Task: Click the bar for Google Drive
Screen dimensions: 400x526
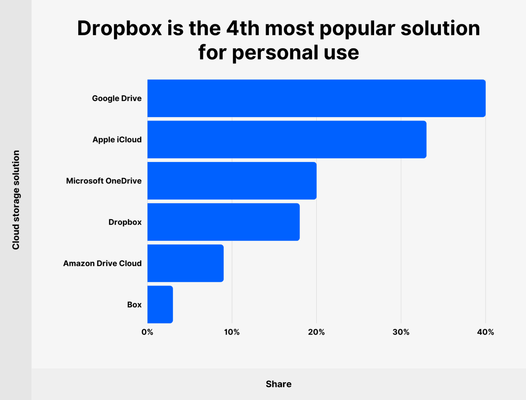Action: pos(316,98)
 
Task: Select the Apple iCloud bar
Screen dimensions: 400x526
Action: pos(287,140)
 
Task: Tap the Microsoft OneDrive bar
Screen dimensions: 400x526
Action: pos(232,181)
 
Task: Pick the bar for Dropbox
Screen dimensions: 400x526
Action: pos(224,222)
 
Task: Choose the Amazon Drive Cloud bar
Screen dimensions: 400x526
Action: pos(186,263)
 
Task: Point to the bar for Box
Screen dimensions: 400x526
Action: pos(160,305)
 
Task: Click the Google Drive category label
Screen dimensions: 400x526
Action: pos(117,98)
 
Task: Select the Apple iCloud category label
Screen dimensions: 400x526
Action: pos(117,140)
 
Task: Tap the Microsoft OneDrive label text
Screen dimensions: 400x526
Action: pos(104,181)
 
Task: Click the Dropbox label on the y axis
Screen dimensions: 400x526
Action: pos(125,222)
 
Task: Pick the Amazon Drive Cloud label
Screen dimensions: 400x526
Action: pos(102,263)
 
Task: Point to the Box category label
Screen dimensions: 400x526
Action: pos(134,305)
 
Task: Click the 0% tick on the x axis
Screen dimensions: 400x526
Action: pos(147,332)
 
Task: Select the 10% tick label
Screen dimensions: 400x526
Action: pos(232,332)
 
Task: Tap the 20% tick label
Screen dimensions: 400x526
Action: pos(316,332)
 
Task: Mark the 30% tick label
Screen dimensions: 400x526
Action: pos(401,332)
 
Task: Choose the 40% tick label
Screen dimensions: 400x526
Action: pos(485,332)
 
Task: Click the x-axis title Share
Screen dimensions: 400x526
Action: pos(278,384)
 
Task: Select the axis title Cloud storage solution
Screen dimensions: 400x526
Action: pos(16,200)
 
